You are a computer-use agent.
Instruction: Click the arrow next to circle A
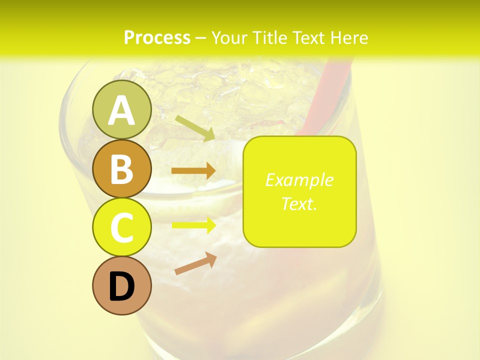pos(195,128)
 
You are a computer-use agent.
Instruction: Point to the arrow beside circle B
pos(193,171)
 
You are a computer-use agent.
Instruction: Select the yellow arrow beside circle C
pos(193,225)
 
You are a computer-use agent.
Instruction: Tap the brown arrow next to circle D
pos(195,263)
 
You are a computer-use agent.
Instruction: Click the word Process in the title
pos(157,37)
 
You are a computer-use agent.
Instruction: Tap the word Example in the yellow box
pos(299,180)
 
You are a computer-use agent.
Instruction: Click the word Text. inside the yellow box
pos(299,203)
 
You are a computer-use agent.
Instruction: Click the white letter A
pos(121,111)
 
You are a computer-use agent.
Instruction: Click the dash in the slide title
pos(200,38)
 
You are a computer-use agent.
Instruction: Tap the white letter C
pos(121,227)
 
